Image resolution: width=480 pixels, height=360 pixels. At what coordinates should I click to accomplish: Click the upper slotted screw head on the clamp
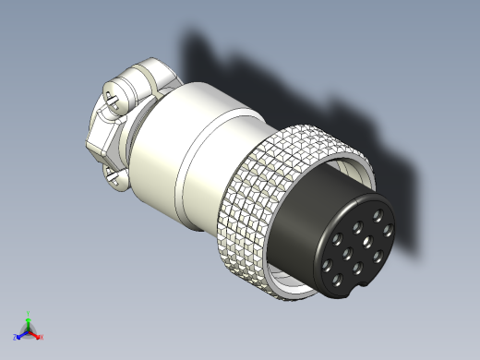click(x=113, y=97)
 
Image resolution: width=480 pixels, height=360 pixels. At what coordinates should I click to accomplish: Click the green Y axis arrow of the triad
click(x=29, y=319)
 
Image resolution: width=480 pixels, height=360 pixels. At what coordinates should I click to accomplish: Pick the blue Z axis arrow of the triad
click(x=21, y=334)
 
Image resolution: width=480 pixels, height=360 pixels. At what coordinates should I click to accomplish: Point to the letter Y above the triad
click(x=29, y=312)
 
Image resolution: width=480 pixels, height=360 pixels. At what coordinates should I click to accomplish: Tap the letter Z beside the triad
click(x=16, y=338)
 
